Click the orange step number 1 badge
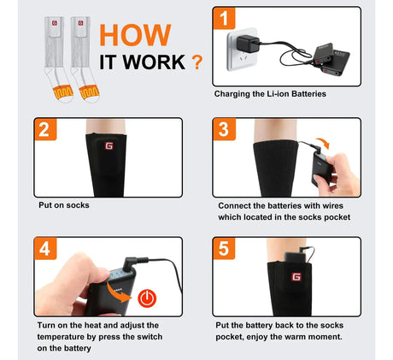point(224,18)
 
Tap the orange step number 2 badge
point(45,129)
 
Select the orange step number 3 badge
point(225,129)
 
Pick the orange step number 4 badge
point(45,249)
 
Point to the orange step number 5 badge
point(224,249)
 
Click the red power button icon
point(147,298)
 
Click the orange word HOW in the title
point(135,35)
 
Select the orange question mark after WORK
point(197,62)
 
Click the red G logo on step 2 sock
point(109,146)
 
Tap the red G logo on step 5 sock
point(296,277)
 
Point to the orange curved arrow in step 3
point(323,143)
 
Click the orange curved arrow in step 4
point(117,292)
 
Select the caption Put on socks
point(64,205)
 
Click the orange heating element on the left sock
point(63,91)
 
